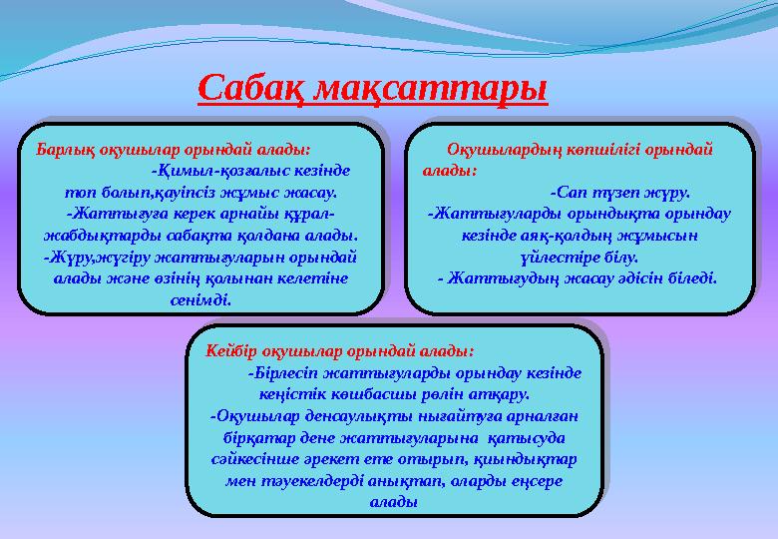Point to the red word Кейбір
point(233,351)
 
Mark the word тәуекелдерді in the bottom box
point(320,481)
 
